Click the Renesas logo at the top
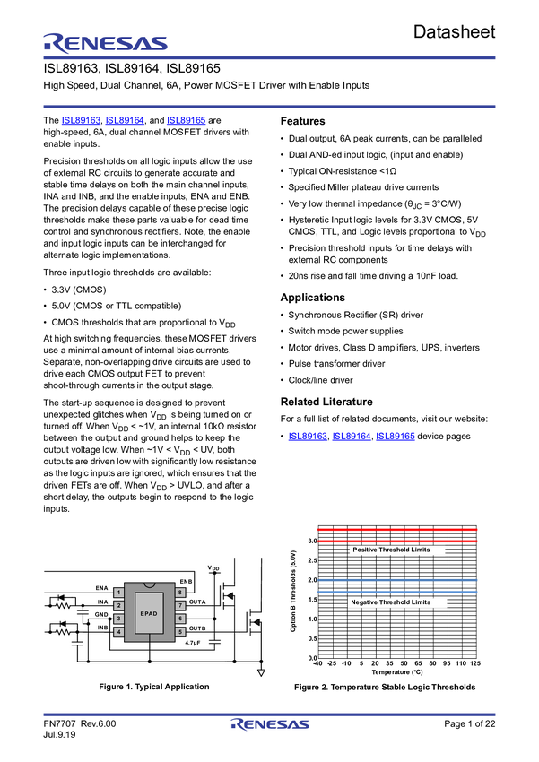coord(105,43)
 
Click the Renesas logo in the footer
coord(270,724)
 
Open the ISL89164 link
coord(125,120)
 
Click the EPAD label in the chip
coord(149,613)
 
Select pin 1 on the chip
coord(118,593)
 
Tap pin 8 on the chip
coord(180,593)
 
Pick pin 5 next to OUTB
coord(180,632)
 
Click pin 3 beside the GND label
coord(118,619)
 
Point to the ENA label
coord(101,588)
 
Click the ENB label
coord(186,582)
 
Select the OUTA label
coord(197,602)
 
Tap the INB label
coord(102,628)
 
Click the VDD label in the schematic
coord(213,568)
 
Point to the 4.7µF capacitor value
coord(193,643)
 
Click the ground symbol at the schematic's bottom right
coord(262,671)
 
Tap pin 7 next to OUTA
coord(180,606)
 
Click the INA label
coord(102,602)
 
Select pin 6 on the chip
coord(180,619)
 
